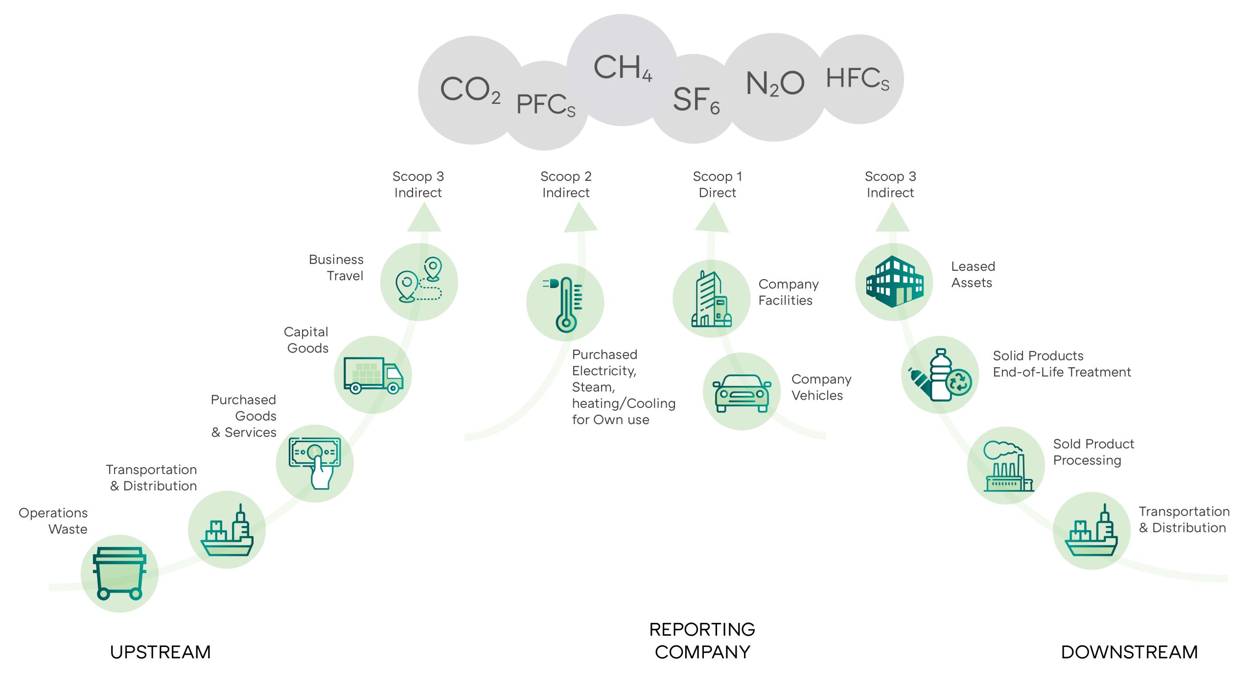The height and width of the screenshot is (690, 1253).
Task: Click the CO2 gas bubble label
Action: (470, 90)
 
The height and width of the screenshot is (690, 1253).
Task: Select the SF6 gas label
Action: (696, 100)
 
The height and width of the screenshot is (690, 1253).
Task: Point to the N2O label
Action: (775, 83)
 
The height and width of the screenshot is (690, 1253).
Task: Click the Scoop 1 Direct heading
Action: (717, 184)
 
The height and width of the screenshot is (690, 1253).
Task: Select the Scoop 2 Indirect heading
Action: (566, 184)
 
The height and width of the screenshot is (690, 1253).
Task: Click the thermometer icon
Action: (565, 304)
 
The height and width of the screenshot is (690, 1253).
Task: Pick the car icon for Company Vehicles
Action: (742, 393)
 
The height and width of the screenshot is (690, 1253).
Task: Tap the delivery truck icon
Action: (373, 375)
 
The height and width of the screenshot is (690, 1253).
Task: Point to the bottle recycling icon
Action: (940, 375)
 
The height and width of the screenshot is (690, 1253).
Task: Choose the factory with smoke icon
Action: (1006, 466)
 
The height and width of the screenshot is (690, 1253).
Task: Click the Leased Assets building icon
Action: (894, 282)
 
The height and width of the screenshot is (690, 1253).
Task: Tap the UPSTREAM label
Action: (161, 652)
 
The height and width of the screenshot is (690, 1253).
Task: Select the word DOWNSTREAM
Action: (1129, 652)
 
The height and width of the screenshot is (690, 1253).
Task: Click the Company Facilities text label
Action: (788, 292)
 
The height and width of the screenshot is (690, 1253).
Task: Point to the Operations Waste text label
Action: (53, 521)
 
